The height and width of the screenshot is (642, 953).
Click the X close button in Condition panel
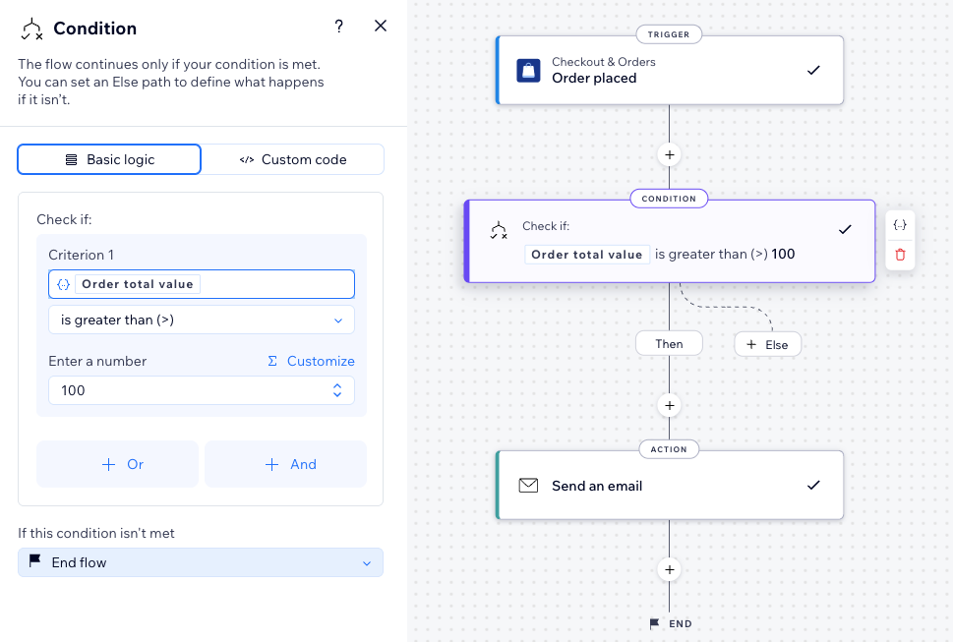pyautogui.click(x=381, y=27)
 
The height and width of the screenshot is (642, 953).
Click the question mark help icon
pyautogui.click(x=339, y=27)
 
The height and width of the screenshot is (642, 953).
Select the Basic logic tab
pyautogui.click(x=109, y=159)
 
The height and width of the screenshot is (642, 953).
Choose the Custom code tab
pyautogui.click(x=293, y=159)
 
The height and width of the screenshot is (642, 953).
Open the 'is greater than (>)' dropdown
pyautogui.click(x=201, y=320)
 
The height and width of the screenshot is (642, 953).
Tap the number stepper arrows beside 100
pyautogui.click(x=336, y=390)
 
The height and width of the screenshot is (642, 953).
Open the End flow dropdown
pyautogui.click(x=201, y=562)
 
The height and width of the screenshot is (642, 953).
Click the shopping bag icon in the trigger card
pyautogui.click(x=528, y=70)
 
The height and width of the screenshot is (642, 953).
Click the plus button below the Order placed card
pyautogui.click(x=670, y=154)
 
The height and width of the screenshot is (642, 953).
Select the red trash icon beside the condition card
pyautogui.click(x=900, y=255)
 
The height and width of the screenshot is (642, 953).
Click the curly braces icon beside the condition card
pyautogui.click(x=900, y=225)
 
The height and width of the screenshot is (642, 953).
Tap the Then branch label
pyautogui.click(x=669, y=343)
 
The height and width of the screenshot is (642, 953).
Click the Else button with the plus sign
pyautogui.click(x=767, y=345)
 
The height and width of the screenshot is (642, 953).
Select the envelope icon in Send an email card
pyautogui.click(x=528, y=486)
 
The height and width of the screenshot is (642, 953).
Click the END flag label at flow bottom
pyautogui.click(x=671, y=623)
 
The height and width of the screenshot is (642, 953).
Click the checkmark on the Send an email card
pyautogui.click(x=813, y=486)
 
